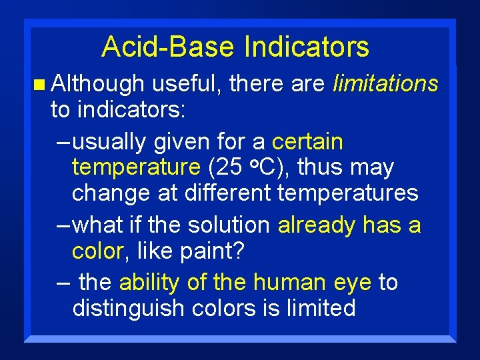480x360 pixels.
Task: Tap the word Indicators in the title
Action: coord(307,47)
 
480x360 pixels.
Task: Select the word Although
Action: coord(97,84)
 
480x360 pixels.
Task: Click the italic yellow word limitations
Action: coord(385,84)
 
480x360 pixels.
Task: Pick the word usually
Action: coord(110,142)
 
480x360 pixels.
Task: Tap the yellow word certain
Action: coord(308,142)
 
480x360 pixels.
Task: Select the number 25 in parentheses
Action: coord(228,167)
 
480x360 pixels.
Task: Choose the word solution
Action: coord(226,225)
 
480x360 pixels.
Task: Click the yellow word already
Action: coord(317,226)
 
